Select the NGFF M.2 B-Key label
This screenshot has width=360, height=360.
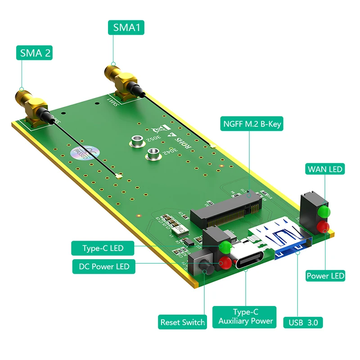click(x=252, y=124)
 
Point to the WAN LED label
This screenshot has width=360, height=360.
click(x=325, y=169)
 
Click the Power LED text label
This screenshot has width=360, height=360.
click(x=325, y=275)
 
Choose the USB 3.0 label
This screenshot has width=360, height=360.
click(x=303, y=322)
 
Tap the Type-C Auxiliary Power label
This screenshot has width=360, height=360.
click(x=245, y=317)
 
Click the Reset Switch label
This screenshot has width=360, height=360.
click(x=183, y=322)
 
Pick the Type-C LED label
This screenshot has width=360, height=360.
click(x=103, y=248)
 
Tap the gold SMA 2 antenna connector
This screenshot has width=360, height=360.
click(x=30, y=103)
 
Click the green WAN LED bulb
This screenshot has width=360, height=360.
click(x=323, y=211)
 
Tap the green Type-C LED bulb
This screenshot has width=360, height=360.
click(x=225, y=247)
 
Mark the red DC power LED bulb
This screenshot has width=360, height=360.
click(x=225, y=263)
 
